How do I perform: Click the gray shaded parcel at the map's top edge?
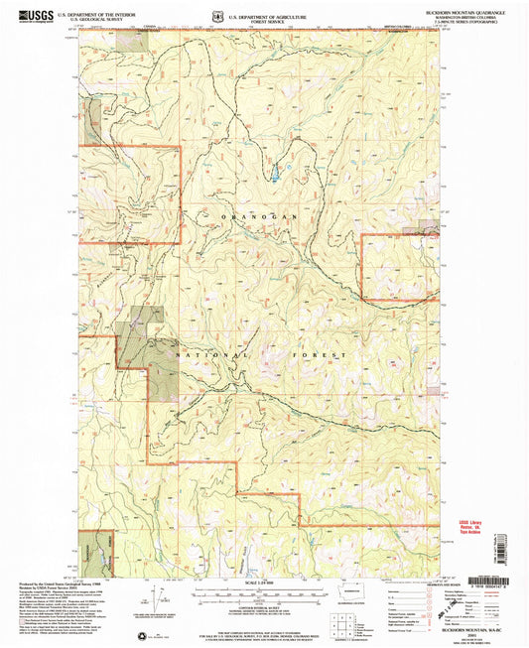coord(129,40)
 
